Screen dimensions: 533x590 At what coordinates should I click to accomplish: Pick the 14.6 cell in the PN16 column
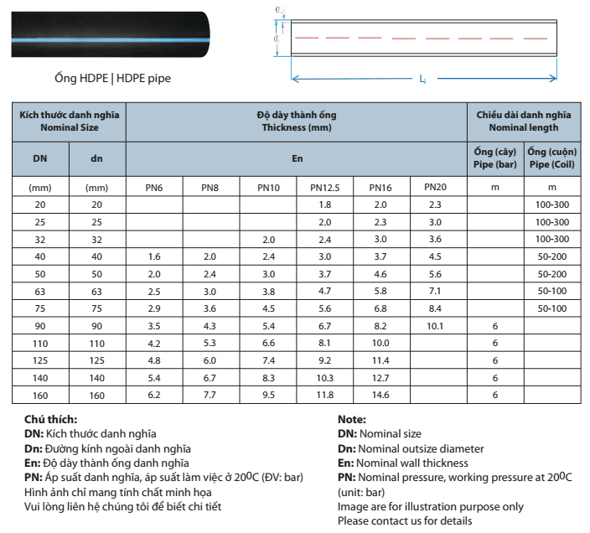[x=380, y=395]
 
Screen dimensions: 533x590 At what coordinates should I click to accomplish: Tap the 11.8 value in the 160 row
[x=325, y=395]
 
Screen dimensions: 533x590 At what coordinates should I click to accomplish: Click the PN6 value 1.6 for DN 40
[x=154, y=256]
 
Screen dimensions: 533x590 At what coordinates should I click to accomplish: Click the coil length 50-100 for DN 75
[x=551, y=308]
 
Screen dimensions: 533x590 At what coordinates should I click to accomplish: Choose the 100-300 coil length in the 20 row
[x=551, y=204]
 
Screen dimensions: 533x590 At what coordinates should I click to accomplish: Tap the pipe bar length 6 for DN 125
[x=495, y=360]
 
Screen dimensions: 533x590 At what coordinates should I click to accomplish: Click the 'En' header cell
[x=297, y=158]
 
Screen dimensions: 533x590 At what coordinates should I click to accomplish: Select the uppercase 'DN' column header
[x=40, y=158]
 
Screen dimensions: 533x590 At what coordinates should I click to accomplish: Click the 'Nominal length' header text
[x=524, y=127]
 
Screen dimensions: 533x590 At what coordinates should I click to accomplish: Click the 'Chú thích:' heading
[x=51, y=419]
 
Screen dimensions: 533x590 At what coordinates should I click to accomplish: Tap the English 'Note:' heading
[x=353, y=419]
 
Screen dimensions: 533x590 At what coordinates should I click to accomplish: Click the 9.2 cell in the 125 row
[x=325, y=360]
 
